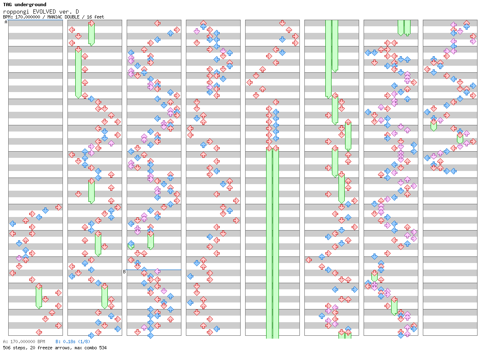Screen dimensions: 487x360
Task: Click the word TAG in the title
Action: pos(8,5)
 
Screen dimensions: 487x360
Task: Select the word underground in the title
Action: pos(30,5)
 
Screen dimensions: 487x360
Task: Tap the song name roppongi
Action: pos(16,12)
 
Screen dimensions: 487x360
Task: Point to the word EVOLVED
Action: pos(44,12)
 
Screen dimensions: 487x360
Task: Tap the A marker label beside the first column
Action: pos(6,22)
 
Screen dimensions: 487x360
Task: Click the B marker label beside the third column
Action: pos(124,272)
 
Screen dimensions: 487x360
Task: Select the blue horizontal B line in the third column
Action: pos(154,270)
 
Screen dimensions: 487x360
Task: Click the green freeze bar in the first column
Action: pos(39,297)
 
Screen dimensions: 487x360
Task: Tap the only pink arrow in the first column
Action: pos(19,258)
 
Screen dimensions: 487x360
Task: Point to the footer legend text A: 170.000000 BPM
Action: pos(24,342)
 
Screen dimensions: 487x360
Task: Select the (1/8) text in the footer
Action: pos(83,342)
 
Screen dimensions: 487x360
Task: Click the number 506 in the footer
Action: pos(7,348)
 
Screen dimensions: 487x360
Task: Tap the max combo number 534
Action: pos(103,348)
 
